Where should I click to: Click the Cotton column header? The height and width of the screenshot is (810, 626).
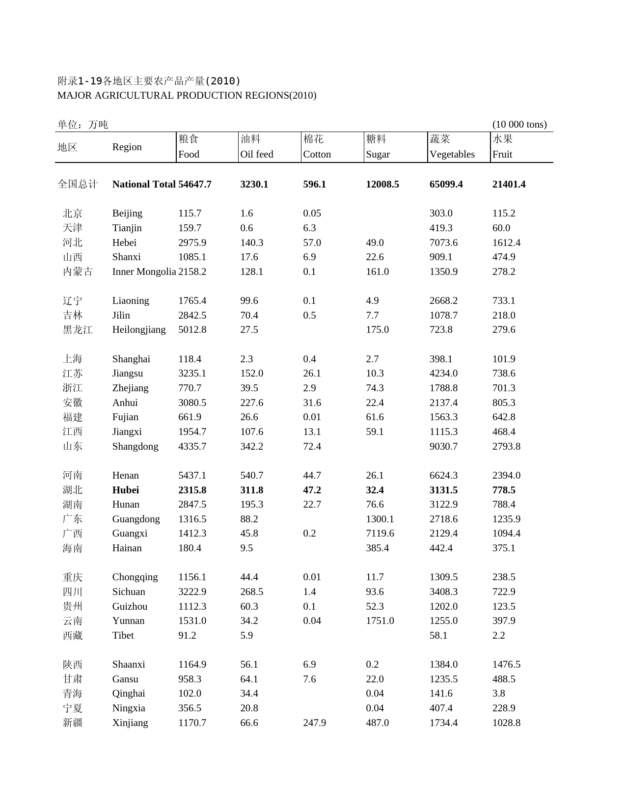317,154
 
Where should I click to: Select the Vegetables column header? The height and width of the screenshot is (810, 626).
452,154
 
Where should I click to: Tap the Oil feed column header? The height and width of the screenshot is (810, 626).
256,154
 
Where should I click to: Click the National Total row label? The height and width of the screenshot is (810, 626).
143,184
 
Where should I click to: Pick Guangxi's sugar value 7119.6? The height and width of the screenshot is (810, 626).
380,533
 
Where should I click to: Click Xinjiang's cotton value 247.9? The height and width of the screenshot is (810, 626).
314,723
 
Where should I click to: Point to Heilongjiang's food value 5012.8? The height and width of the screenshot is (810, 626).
192,329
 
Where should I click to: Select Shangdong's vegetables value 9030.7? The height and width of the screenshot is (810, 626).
443,446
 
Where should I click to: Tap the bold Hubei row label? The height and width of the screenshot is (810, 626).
125,490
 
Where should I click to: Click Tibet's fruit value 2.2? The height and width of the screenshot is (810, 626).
498,635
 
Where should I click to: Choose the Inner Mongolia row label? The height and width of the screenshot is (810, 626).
144,271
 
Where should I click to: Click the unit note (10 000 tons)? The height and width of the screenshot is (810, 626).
519,124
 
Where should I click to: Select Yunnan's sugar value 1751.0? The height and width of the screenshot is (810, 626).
380,621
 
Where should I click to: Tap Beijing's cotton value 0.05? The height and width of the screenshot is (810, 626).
312,213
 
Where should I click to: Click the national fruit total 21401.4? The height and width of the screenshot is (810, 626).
509,184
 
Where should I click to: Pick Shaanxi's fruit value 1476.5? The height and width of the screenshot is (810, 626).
506,664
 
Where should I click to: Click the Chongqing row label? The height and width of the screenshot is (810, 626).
135,577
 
